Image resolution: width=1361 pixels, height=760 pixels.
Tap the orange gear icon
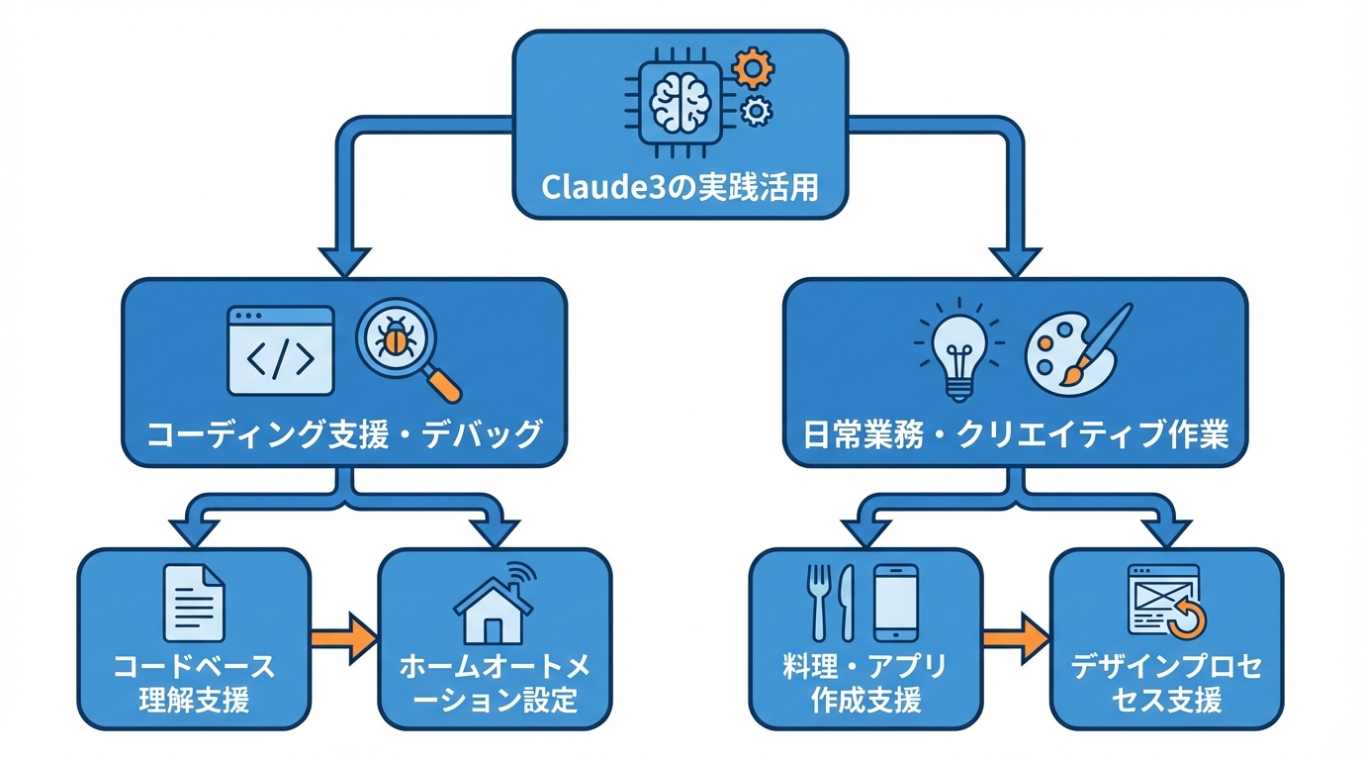click(753, 69)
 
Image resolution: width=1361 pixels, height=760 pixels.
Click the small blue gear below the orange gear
click(757, 112)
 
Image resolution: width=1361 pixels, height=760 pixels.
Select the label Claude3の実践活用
click(680, 186)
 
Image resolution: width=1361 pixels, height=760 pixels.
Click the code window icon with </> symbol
click(281, 350)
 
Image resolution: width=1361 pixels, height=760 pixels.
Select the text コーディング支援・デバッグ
click(344, 434)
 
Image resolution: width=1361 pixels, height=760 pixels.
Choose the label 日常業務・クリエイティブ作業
click(1015, 434)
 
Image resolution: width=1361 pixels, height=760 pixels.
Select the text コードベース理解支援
click(194, 683)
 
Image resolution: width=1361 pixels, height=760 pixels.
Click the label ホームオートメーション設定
click(495, 683)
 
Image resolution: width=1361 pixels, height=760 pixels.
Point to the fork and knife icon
click(832, 602)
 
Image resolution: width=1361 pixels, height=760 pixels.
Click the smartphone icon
click(896, 602)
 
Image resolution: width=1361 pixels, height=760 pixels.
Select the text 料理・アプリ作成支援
click(865, 683)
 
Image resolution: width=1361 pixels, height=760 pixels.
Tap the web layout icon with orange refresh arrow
click(1167, 601)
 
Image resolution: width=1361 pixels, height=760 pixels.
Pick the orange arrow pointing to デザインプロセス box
click(1015, 639)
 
